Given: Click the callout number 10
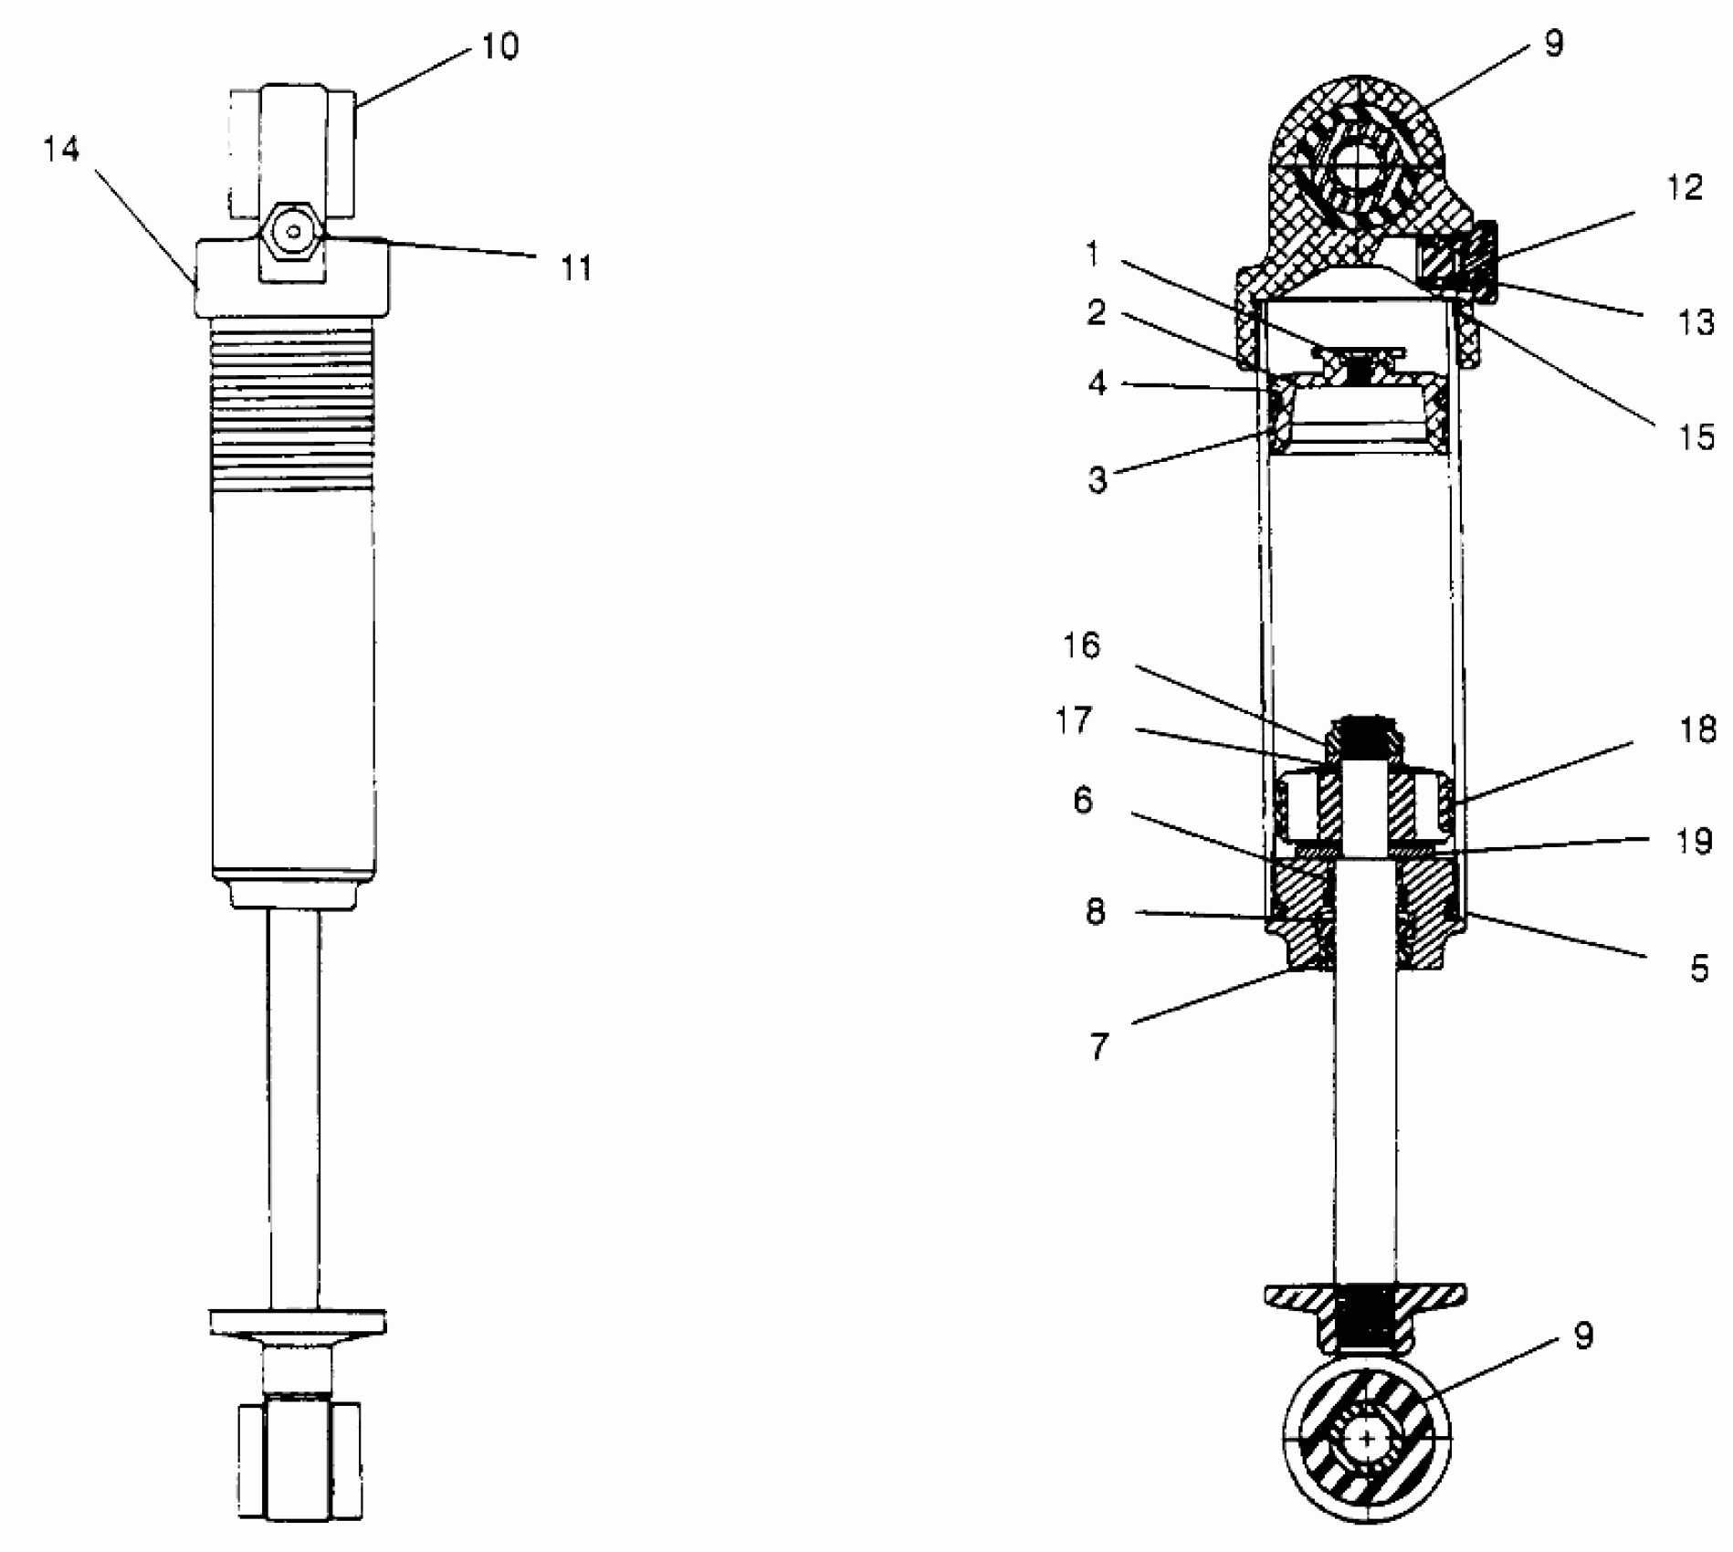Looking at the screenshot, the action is pyautogui.click(x=499, y=46).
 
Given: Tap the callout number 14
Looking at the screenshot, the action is pyautogui.click(x=62, y=150).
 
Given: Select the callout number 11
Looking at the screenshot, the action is pyautogui.click(x=576, y=268).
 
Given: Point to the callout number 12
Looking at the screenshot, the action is pyautogui.click(x=1685, y=188).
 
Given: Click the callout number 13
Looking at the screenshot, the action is pyautogui.click(x=1696, y=322).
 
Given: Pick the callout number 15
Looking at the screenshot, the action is pyautogui.click(x=1696, y=437).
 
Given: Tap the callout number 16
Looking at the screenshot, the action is pyautogui.click(x=1082, y=646).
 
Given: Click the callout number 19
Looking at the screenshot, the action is pyautogui.click(x=1695, y=841).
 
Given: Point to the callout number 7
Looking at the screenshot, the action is pyautogui.click(x=1098, y=1047).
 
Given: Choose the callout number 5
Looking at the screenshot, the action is pyautogui.click(x=1698, y=968).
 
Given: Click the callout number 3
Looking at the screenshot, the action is pyautogui.click(x=1098, y=480).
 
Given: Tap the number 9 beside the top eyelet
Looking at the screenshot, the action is pyautogui.click(x=1553, y=44).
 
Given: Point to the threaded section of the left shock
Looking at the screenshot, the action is pyautogui.click(x=292, y=406).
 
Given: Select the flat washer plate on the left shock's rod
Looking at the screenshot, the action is pyautogui.click(x=298, y=1321).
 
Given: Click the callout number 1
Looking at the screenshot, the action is pyautogui.click(x=1092, y=255).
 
